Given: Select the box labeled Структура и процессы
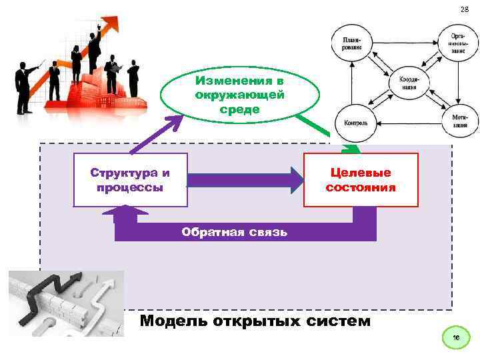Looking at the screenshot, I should click(x=131, y=180).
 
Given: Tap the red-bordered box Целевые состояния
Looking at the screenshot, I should click(x=361, y=180).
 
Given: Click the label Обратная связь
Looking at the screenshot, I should click(x=235, y=232).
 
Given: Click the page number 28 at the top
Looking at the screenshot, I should click(x=465, y=9).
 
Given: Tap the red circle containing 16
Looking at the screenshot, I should click(x=456, y=339).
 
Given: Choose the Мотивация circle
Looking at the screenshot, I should click(x=459, y=121).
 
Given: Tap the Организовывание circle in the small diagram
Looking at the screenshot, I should click(x=459, y=43).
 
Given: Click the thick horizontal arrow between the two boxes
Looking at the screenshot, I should click(x=244, y=180).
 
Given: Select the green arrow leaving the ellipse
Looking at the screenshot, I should click(x=327, y=133).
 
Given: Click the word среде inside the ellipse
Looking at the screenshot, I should click(x=239, y=108).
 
